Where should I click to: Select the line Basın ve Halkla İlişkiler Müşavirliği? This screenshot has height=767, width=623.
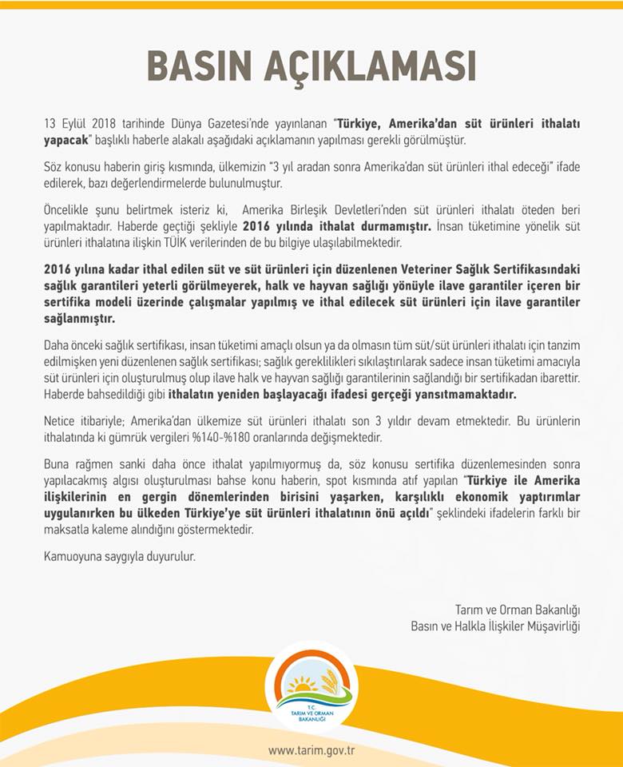coord(495,626)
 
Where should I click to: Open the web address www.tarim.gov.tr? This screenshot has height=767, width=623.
coord(311,750)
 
